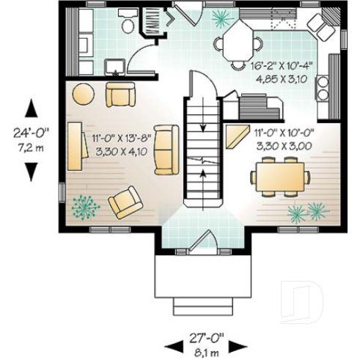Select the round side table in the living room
[x=82, y=95]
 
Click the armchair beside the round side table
[x=120, y=95]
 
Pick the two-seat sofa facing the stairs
[x=167, y=150]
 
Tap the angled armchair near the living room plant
[x=125, y=201]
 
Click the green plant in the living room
[x=86, y=206]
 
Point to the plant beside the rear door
[x=220, y=15]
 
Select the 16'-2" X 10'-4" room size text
[x=282, y=70]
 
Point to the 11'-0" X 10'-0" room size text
[x=284, y=139]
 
